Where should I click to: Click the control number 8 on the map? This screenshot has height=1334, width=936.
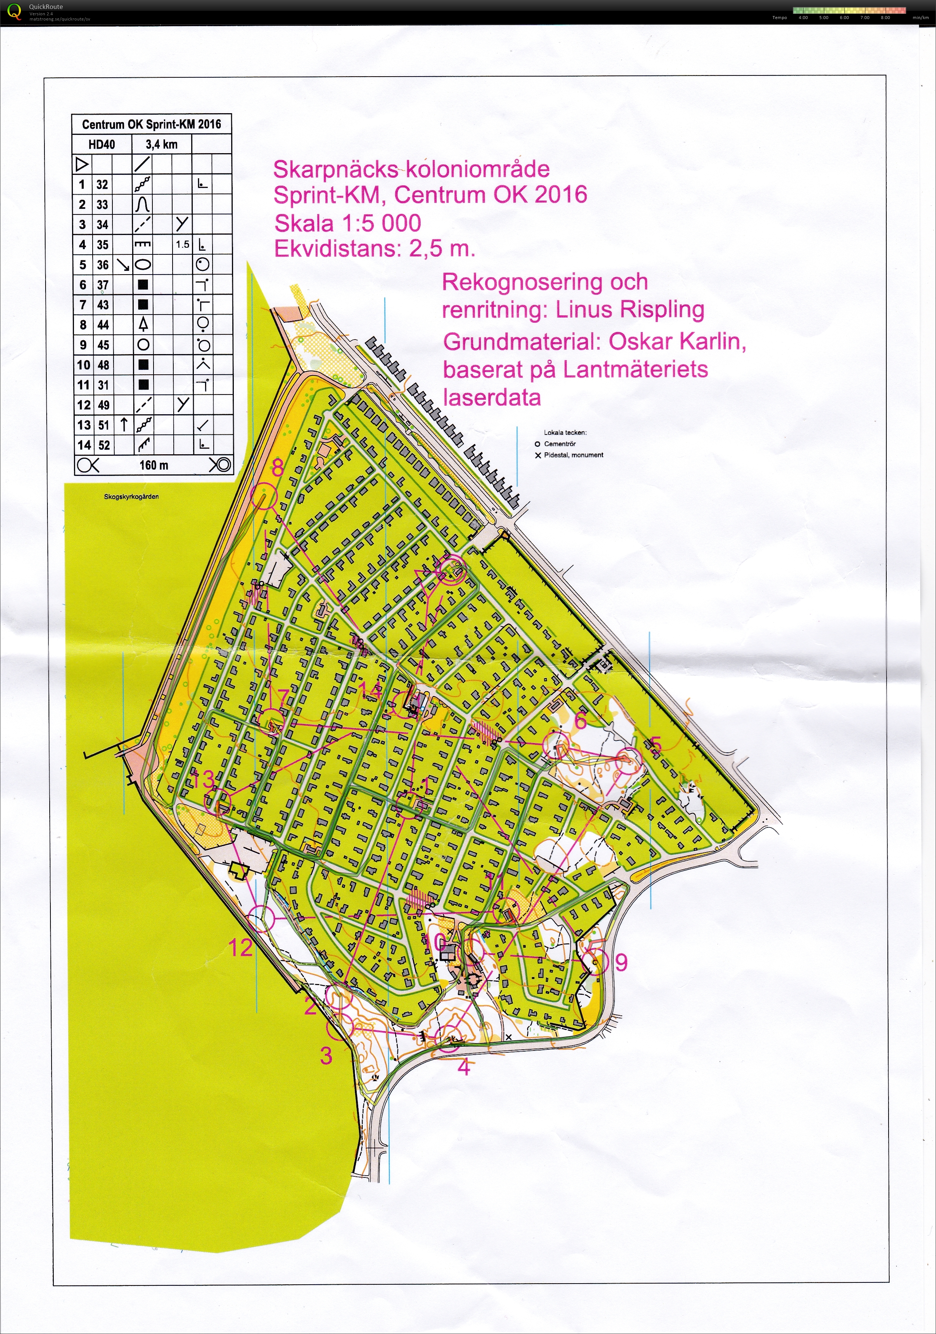[278, 467]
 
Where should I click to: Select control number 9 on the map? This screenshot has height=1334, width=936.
[621, 962]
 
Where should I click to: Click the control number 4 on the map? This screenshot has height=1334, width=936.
[464, 1067]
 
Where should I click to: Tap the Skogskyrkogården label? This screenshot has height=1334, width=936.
[131, 497]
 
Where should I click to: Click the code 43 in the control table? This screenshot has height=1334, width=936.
[103, 304]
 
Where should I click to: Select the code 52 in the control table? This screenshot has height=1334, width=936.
[103, 445]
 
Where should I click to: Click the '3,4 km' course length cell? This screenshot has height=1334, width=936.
[161, 144]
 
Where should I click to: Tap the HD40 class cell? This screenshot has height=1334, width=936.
[101, 144]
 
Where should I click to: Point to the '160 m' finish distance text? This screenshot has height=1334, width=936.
[154, 465]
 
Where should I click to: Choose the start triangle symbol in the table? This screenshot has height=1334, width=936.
[82, 164]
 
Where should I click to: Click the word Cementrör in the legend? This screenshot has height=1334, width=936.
[560, 444]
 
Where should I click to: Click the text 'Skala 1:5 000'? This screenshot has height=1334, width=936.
[347, 223]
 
